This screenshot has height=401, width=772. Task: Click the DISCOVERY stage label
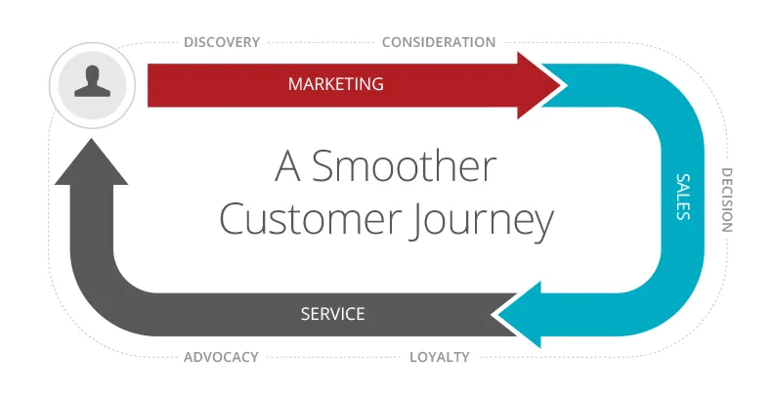click(222, 42)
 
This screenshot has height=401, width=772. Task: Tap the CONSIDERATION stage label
click(439, 42)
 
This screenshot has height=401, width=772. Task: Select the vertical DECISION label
click(727, 200)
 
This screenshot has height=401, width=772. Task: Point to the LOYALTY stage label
click(440, 357)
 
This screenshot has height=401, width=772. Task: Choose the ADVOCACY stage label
click(221, 357)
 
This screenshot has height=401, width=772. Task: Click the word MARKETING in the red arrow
click(336, 84)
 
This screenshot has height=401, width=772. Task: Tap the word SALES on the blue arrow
click(683, 197)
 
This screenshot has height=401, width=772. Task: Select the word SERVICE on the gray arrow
click(333, 314)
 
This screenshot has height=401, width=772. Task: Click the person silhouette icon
click(92, 82)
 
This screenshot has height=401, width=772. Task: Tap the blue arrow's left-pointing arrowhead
click(517, 315)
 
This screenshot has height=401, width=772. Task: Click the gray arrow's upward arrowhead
click(91, 161)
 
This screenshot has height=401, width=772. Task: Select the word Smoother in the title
click(404, 166)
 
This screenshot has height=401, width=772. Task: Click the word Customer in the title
click(310, 218)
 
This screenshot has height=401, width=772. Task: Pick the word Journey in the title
click(483, 222)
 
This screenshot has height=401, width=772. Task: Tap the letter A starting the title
click(287, 166)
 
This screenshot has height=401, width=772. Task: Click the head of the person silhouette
click(92, 75)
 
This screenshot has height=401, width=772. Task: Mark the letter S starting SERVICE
click(305, 314)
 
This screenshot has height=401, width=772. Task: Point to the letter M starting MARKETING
click(295, 84)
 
